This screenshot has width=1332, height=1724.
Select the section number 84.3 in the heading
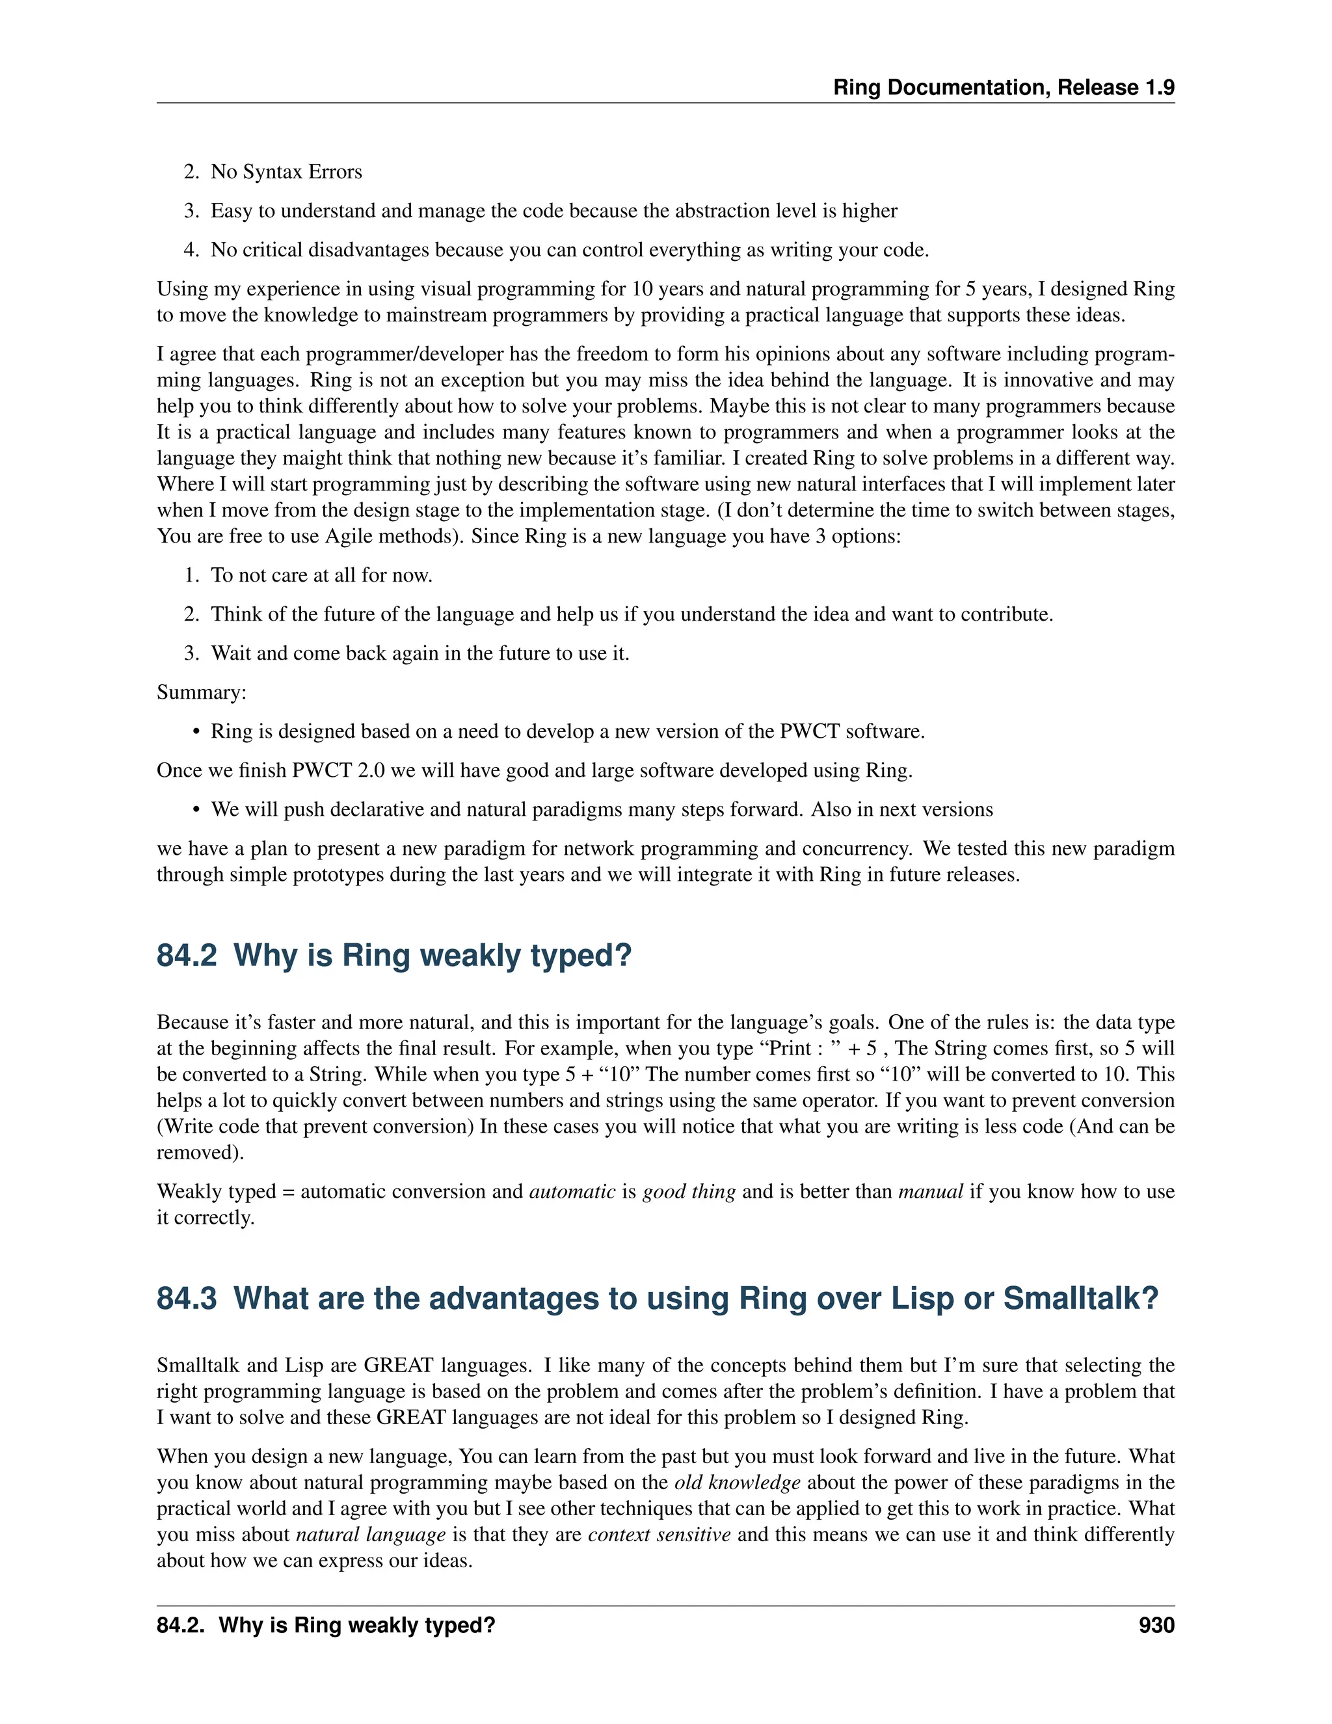186,1299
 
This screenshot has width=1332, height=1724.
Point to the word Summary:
201,692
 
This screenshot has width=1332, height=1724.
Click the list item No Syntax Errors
286,172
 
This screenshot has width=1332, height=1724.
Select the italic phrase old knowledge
737,1483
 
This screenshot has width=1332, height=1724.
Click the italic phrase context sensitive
659,1535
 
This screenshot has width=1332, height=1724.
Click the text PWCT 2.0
338,770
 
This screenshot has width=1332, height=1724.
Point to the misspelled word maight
281,459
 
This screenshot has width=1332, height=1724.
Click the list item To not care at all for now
321,576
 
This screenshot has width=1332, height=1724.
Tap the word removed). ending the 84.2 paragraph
200,1153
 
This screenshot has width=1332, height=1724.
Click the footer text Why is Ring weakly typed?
356,1625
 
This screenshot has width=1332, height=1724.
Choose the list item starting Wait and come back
419,654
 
